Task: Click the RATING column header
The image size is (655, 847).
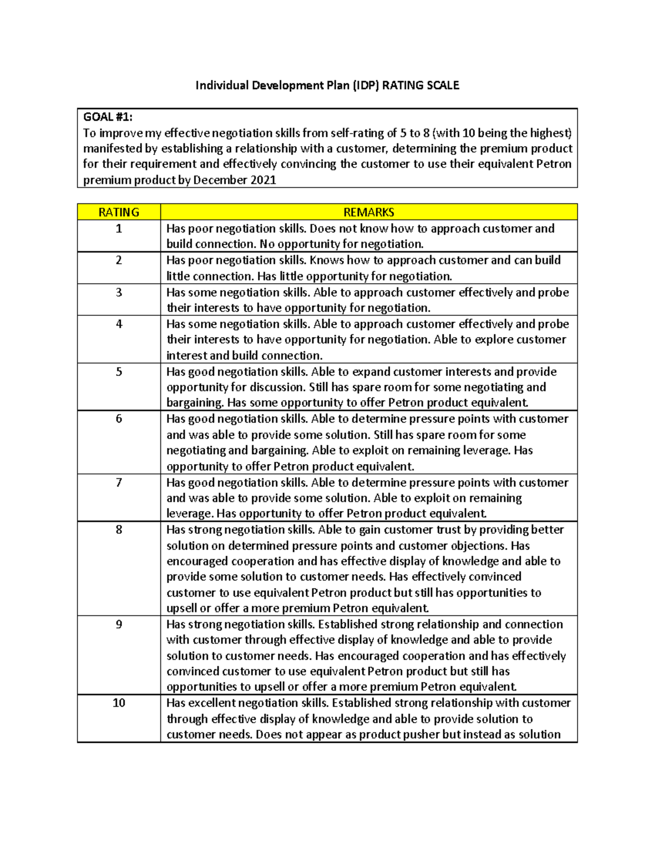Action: (118, 212)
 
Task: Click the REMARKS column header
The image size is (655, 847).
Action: (368, 212)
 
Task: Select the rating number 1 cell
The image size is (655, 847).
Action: (118, 229)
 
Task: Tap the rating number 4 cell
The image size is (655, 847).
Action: (118, 324)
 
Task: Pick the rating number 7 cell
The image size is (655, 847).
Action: (118, 483)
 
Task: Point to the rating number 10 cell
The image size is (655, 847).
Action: (118, 703)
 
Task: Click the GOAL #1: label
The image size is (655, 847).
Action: (108, 117)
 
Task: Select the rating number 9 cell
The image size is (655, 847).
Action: (118, 624)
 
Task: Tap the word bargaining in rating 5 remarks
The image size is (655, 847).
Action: (194, 403)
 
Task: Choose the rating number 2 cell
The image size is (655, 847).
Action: (118, 260)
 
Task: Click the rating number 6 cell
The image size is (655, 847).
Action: (118, 419)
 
